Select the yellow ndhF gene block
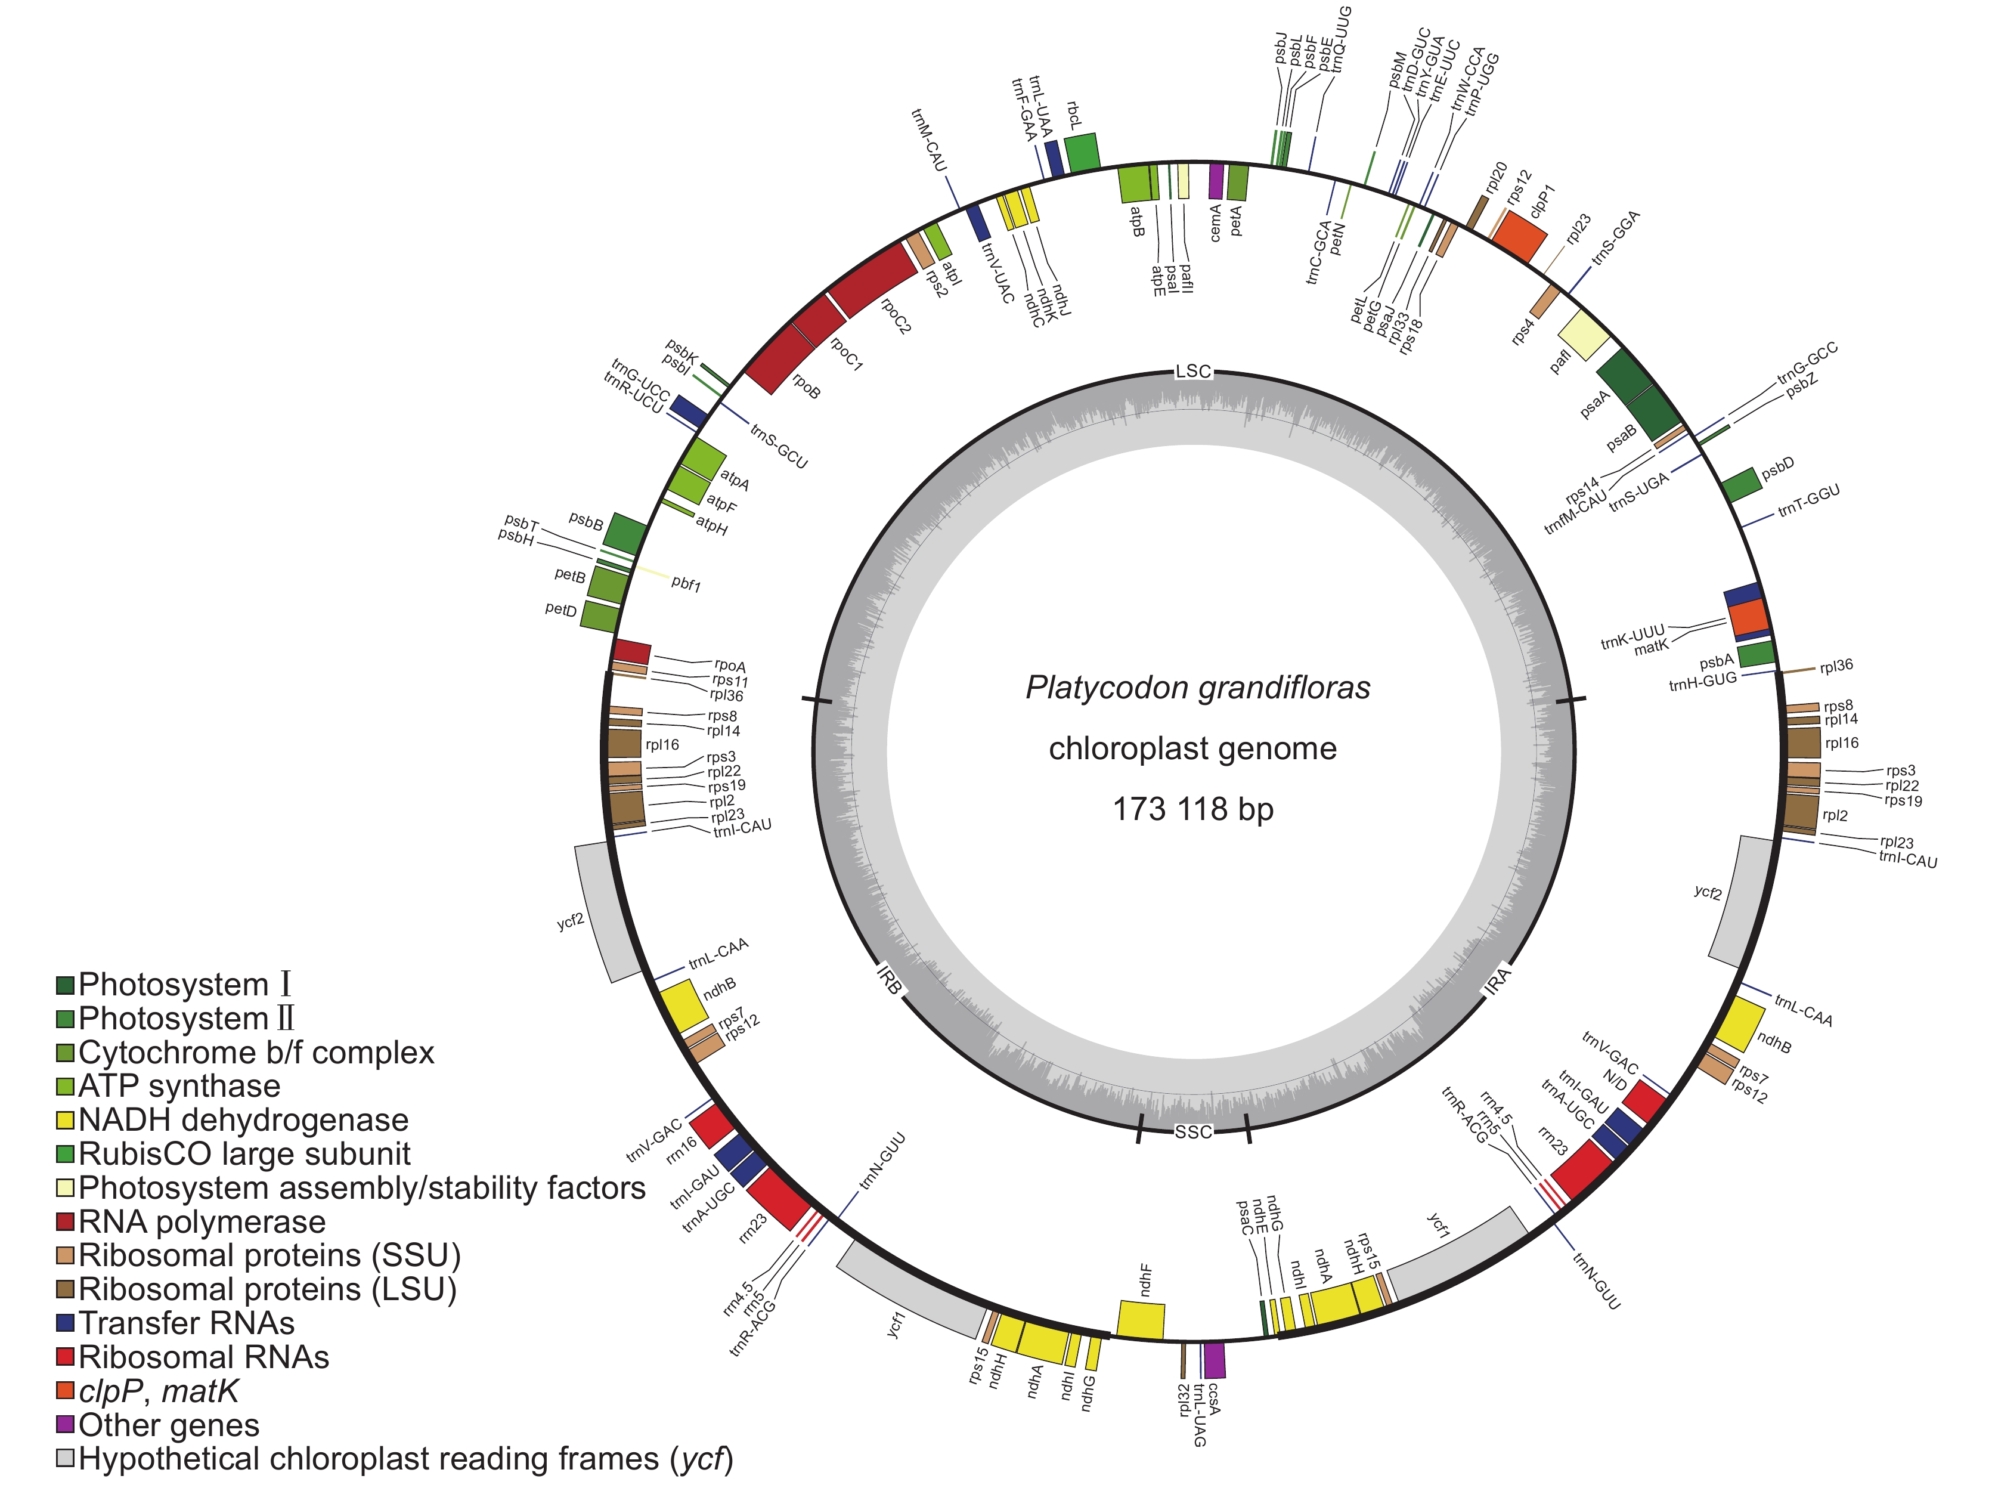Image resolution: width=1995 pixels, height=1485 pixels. pos(1141,1320)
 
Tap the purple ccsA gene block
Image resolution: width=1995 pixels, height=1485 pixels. pos(1214,1360)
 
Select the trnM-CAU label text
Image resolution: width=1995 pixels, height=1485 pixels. pos(928,140)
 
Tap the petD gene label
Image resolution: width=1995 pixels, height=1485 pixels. pos(560,610)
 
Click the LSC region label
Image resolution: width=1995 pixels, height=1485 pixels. pos(1194,371)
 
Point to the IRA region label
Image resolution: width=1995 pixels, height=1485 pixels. pos(1497,980)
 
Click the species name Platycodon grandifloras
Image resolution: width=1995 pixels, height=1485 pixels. pos(1198,688)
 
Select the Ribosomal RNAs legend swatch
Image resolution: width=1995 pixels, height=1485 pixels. pos(65,1356)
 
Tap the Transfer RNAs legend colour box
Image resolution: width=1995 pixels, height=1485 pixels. pos(65,1322)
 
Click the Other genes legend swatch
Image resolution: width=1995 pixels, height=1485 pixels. pos(65,1424)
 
